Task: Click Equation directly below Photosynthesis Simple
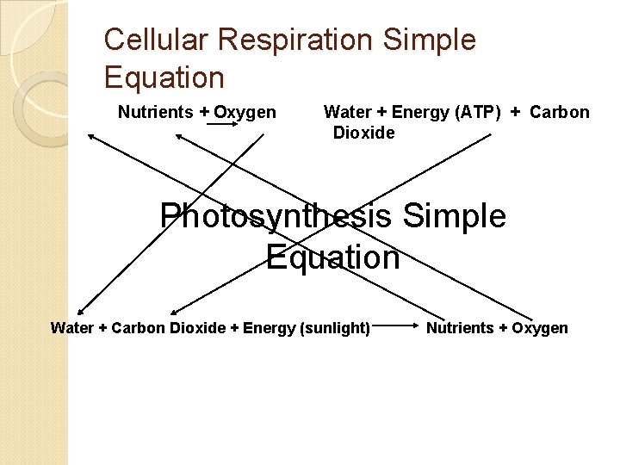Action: click(332, 257)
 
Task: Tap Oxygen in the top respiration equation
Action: click(245, 112)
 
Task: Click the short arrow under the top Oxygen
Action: click(222, 124)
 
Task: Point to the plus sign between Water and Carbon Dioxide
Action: click(105, 328)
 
